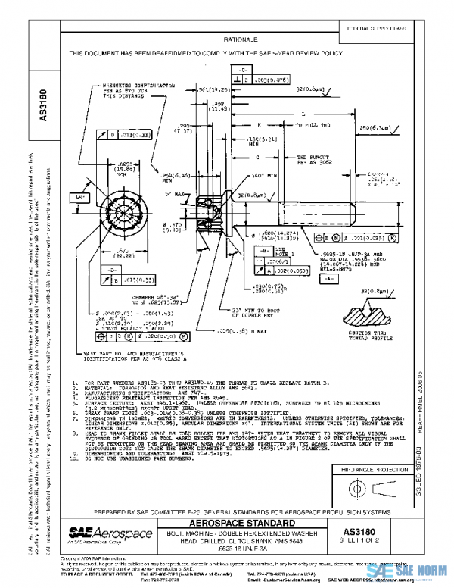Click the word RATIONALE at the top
click(240, 38)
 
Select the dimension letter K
click(257, 123)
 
